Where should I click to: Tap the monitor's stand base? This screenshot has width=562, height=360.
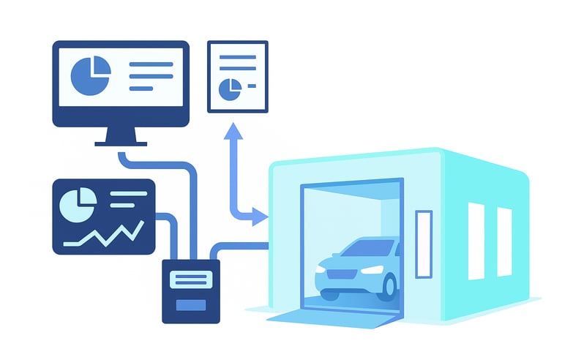(121, 142)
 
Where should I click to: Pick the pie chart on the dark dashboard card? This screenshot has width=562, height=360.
(78, 205)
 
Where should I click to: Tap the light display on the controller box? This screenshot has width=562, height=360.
(190, 279)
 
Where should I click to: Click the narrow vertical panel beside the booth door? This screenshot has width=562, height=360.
(424, 244)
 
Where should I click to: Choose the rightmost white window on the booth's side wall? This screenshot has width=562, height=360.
(504, 242)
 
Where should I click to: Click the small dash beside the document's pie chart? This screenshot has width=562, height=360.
(251, 86)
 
